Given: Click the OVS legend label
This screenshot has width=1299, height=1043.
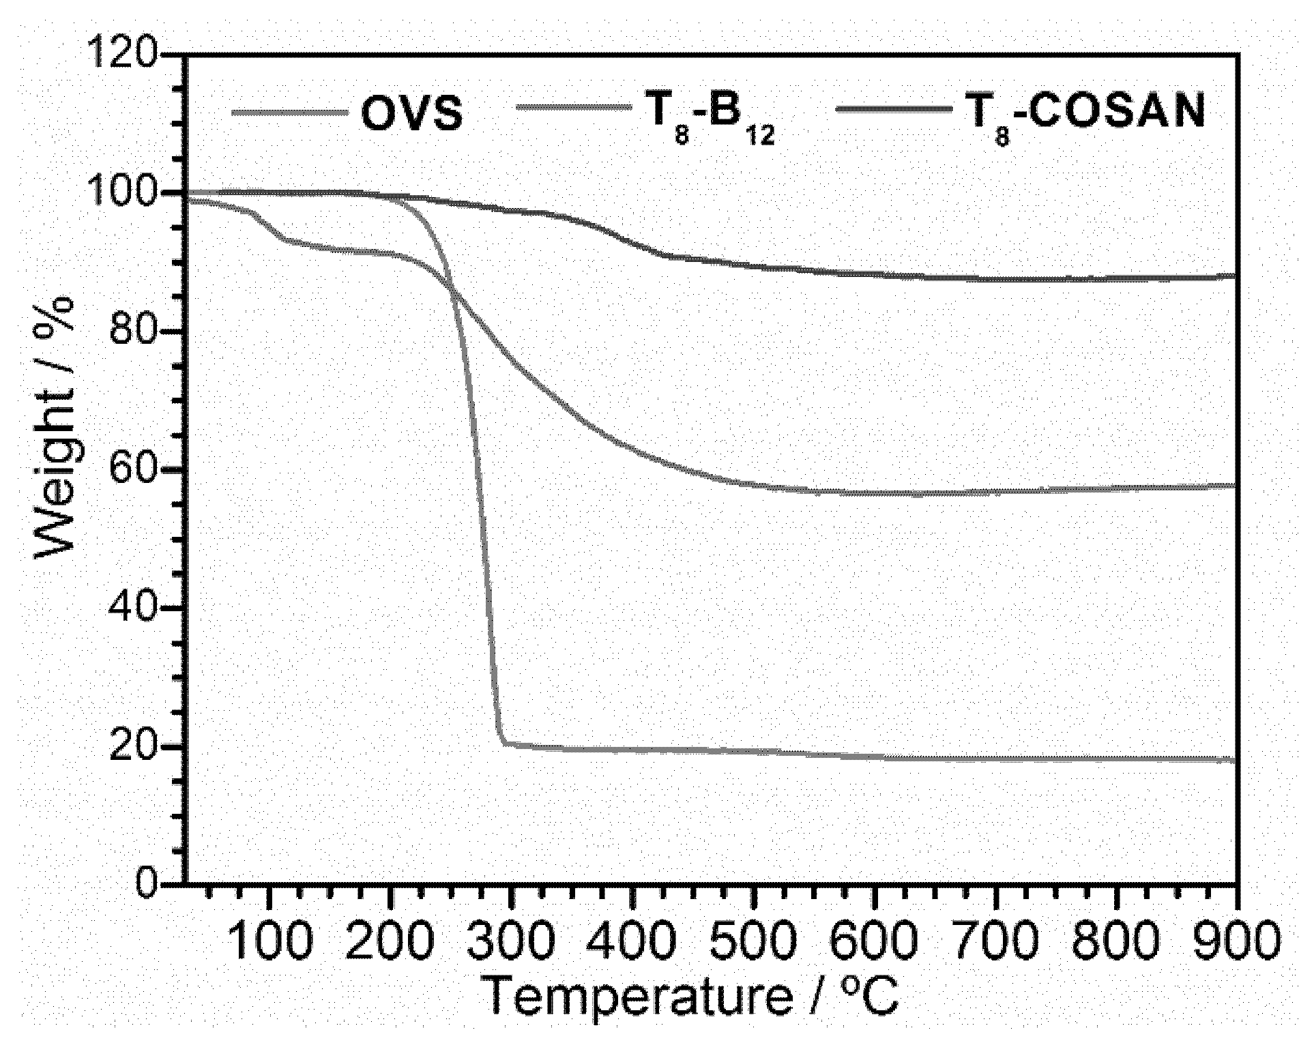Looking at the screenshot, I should (411, 113).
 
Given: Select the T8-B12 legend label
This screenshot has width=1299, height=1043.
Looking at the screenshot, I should (710, 117).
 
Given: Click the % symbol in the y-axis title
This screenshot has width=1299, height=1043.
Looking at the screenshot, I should (56, 314).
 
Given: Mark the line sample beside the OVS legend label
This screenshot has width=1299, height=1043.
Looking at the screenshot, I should (287, 111).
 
